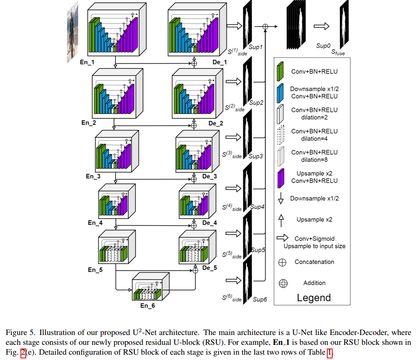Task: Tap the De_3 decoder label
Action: point(210,176)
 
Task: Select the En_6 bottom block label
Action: point(147,305)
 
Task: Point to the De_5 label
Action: point(210,268)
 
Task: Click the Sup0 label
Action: point(323,46)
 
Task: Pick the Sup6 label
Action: point(260,300)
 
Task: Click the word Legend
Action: point(314,298)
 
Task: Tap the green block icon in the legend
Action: point(281,71)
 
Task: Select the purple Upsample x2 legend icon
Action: point(281,178)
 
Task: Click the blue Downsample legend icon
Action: point(281,93)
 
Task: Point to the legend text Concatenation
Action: point(314,262)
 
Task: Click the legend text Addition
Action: point(314,283)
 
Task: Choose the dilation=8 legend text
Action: point(314,160)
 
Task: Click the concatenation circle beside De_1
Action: point(194,63)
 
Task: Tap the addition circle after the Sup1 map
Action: point(265,27)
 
